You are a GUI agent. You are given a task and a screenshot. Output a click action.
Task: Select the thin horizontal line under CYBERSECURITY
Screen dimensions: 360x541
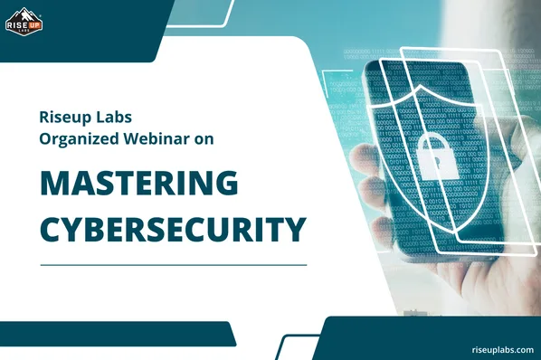point(172,264)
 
